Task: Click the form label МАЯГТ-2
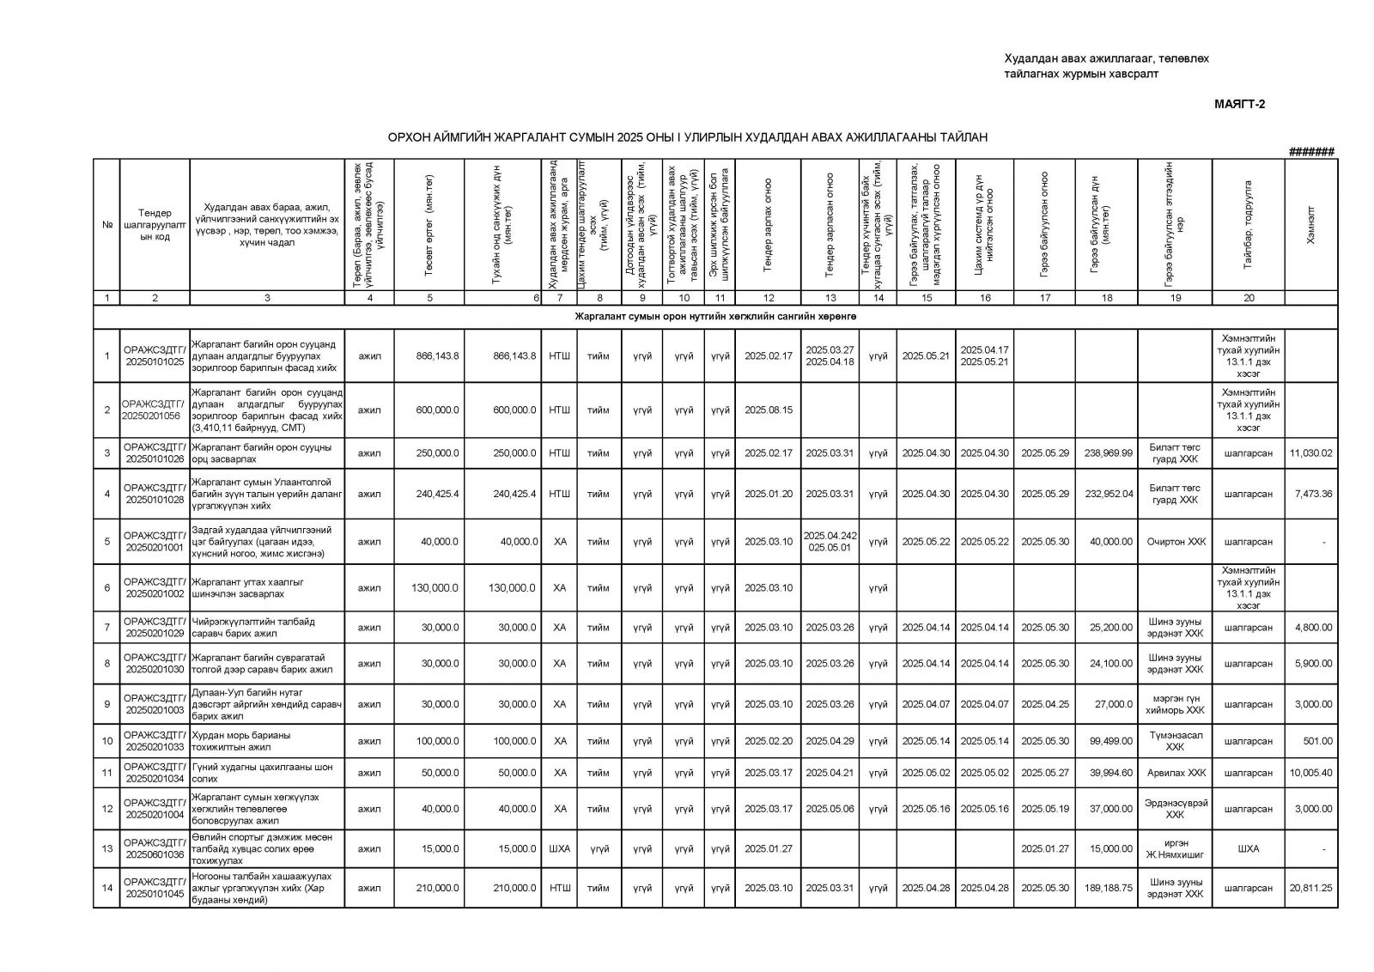[x=1240, y=105]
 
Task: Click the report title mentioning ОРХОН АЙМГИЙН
[x=687, y=137]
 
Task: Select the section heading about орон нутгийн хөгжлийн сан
[x=715, y=317]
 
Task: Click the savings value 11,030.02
[x=1310, y=453]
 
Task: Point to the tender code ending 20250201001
[x=155, y=541]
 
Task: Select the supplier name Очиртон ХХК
[x=1176, y=542]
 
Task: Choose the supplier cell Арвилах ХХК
[x=1176, y=773]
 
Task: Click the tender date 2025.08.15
[x=769, y=410]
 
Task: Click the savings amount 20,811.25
[x=1310, y=888]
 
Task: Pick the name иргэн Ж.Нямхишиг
[x=1176, y=848]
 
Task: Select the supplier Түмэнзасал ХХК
[x=1176, y=741]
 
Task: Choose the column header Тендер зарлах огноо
[x=769, y=225]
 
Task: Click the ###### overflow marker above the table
[x=1311, y=152]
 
